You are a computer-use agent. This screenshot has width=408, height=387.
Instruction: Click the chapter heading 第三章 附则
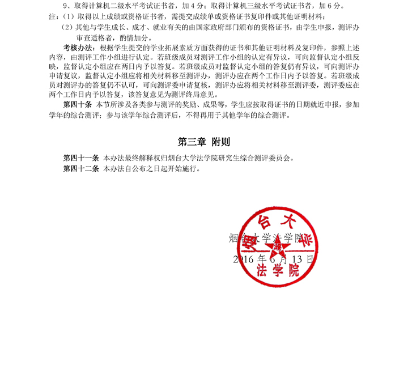204,142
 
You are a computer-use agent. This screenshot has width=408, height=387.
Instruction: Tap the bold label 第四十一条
81,158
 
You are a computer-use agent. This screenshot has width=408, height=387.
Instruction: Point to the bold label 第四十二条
81,169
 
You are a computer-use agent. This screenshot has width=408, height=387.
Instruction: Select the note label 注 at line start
52,16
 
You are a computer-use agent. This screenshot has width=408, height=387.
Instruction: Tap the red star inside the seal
277,245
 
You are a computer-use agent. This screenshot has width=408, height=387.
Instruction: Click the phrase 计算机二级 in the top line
100,6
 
